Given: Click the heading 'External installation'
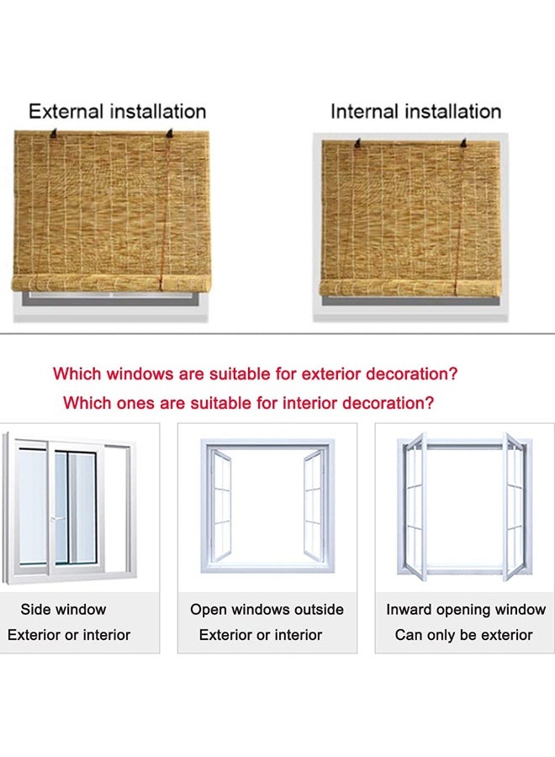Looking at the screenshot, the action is tap(117, 112).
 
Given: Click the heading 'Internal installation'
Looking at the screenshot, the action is tap(415, 112).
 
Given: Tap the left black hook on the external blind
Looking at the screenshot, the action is tap(54, 134).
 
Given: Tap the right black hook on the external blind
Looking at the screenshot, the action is tap(169, 133).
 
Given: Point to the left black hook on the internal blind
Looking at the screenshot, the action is tap(357, 143).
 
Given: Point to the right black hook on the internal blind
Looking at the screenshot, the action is tap(464, 142).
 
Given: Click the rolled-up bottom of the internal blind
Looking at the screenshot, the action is tap(410, 289).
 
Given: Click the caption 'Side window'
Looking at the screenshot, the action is tap(63, 609).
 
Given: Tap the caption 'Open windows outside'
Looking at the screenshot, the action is tap(267, 609).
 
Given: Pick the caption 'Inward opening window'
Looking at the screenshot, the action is tap(466, 610).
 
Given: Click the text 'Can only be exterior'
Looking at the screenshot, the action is tap(464, 635).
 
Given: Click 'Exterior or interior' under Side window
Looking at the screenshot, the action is tap(69, 635).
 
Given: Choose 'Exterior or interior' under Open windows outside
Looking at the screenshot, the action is tap(261, 635).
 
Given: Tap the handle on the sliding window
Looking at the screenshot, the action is tap(57, 519).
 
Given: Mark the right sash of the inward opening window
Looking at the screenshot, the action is tap(514, 506).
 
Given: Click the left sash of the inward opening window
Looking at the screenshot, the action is tap(415, 506).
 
